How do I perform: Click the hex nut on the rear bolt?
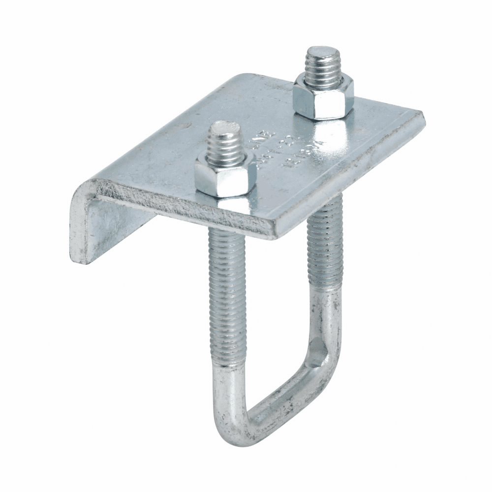coord(323,97)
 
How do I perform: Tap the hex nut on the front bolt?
coord(225,175)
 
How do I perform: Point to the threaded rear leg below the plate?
coord(322,246)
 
